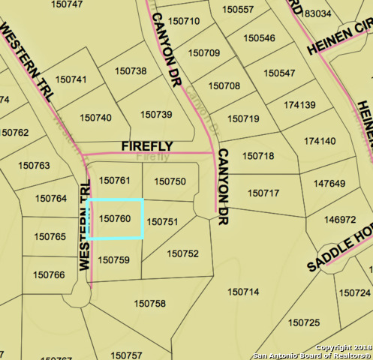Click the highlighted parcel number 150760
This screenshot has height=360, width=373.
pos(115,218)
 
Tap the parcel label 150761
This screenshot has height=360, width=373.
pos(115,181)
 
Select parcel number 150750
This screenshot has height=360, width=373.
pos(170,181)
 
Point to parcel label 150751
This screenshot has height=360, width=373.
pos(162,222)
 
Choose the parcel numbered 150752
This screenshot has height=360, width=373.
pos(183,253)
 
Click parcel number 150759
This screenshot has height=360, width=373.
pos(114,259)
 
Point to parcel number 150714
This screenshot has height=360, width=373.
pos(243,291)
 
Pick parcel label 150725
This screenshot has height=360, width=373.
pos(304,322)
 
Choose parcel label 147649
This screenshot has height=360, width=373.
pos(329,184)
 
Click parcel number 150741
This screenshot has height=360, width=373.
pos(71,79)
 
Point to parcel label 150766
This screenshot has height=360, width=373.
pos(49,274)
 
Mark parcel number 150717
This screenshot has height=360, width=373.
pos(263,193)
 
